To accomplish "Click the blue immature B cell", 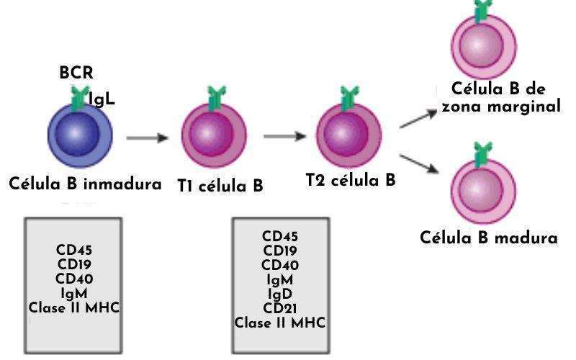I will point(81,135).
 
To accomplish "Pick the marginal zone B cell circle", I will point(484,43).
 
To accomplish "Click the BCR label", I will point(76,73).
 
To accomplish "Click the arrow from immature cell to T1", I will point(148,137).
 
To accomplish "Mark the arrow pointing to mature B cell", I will point(420,163).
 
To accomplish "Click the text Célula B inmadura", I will point(85,184).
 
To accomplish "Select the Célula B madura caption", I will point(489,238).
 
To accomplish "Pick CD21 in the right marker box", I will point(280,310).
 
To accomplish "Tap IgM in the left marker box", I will point(74,294).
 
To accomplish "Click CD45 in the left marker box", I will point(74,251).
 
